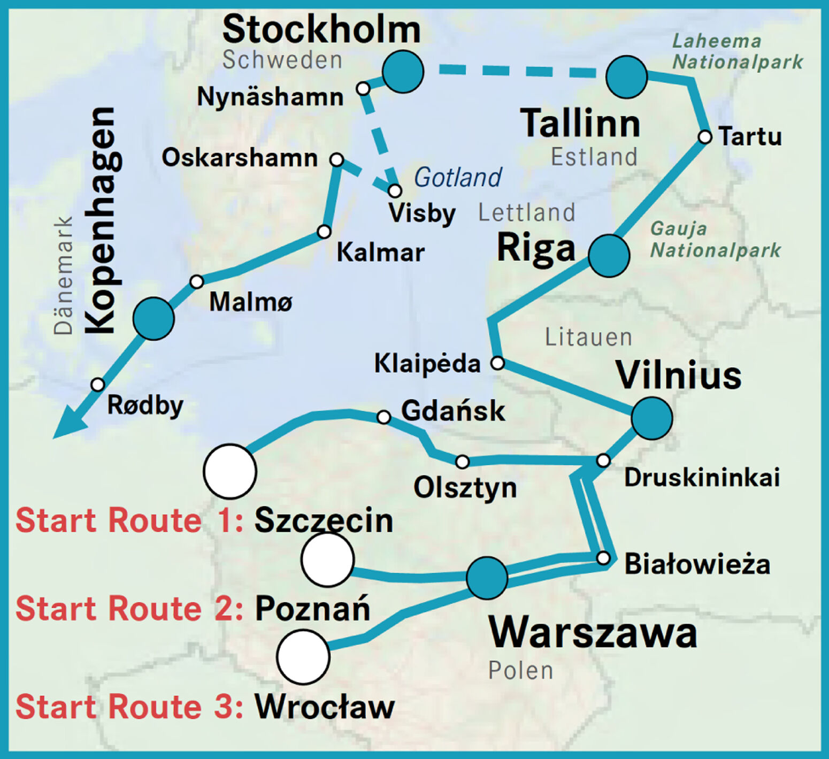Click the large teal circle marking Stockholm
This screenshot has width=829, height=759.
pos(403,72)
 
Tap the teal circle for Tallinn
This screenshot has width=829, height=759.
pos(626,77)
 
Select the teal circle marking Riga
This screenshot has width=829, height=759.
pos(609,256)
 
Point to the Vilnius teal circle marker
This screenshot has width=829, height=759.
pos(651,418)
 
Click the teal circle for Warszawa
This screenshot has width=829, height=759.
pos(487,578)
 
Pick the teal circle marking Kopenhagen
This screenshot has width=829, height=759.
pos(153,319)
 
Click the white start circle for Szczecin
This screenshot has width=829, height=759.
pos(230,471)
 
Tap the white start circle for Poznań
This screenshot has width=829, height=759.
pos(327,559)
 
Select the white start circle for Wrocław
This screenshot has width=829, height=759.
pos(303,657)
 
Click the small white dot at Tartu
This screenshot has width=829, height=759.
pos(705,137)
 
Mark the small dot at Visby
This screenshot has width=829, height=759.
pos(395,190)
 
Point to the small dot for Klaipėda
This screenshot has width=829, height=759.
pos(497,363)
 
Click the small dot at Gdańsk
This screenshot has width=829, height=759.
pos(383,417)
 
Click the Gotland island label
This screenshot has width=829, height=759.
pos(458,177)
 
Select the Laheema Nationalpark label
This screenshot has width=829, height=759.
pos(737,52)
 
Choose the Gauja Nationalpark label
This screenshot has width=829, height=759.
pos(715,240)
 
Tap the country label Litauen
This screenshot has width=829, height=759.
pos(588,338)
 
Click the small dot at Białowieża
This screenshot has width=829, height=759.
pos(603,558)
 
